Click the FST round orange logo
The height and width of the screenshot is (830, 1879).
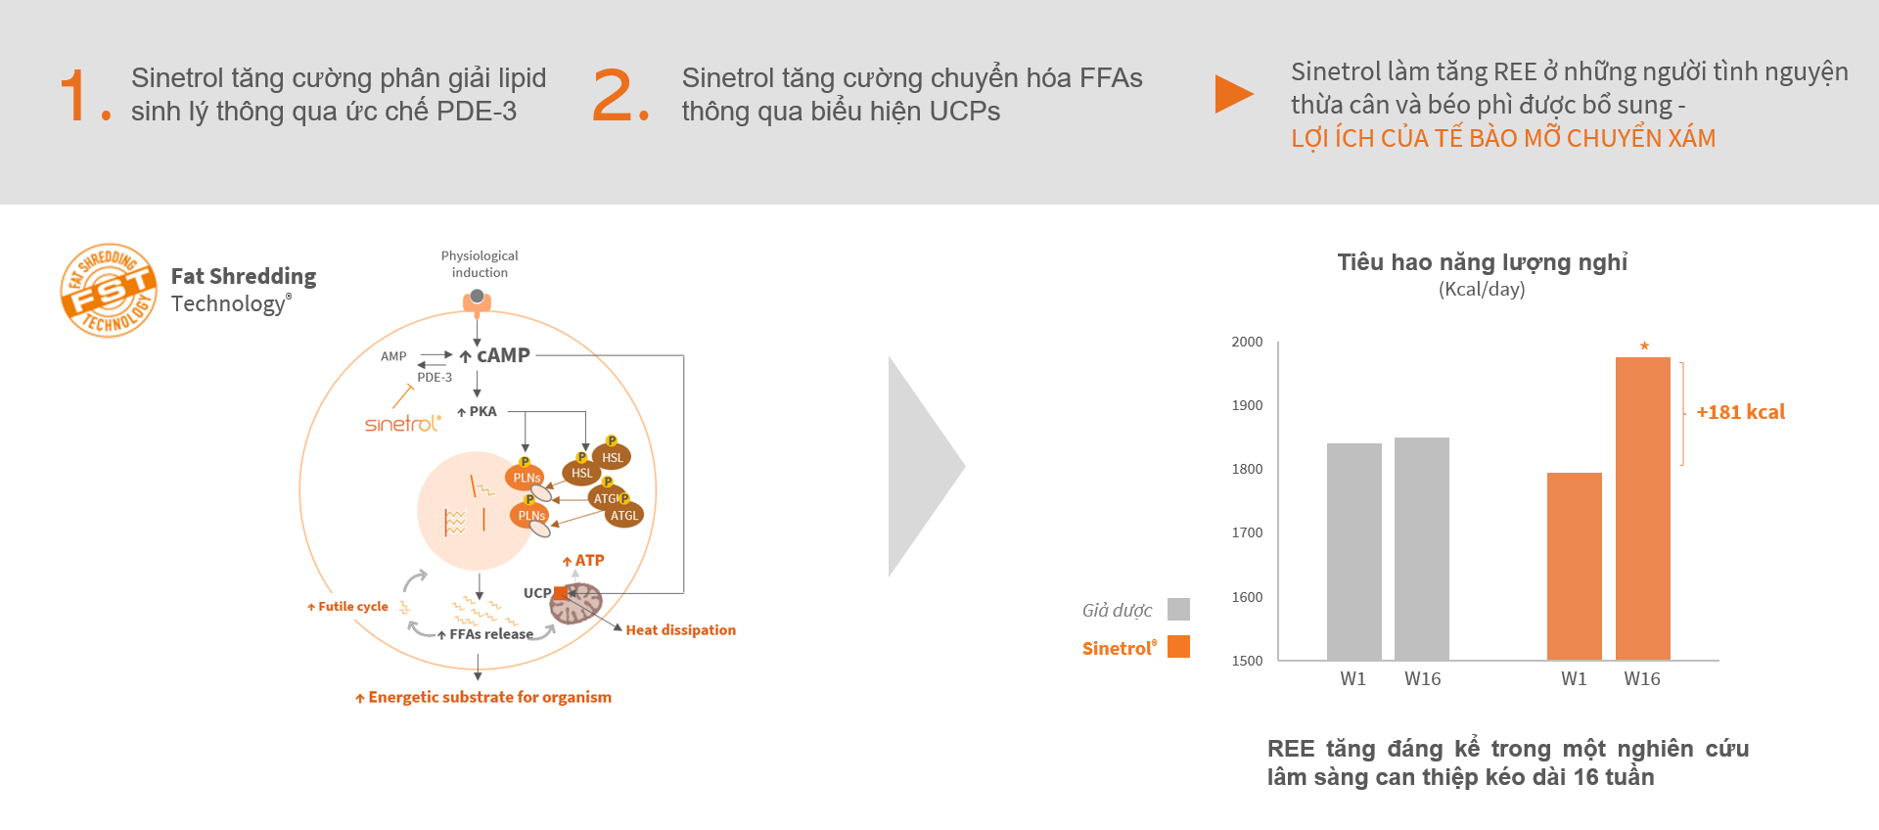109,291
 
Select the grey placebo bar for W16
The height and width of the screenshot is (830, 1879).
1422,549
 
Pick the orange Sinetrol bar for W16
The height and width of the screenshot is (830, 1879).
1643,509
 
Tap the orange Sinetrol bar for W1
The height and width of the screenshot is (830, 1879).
1575,567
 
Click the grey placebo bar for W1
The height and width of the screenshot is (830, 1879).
1354,552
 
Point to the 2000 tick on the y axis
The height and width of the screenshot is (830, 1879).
1247,342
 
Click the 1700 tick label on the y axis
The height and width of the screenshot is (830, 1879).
1247,532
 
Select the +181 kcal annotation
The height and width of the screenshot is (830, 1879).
1740,412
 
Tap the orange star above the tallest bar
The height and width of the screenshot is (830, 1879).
1644,346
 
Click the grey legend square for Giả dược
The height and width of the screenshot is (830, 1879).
1179,610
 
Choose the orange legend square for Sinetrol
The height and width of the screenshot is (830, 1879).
1179,647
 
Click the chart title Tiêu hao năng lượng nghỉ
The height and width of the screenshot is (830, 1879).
1483,262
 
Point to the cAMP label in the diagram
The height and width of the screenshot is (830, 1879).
503,355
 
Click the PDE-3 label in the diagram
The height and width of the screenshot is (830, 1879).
435,377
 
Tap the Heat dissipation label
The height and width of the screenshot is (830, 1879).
681,630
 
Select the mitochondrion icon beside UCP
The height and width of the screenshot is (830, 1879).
576,603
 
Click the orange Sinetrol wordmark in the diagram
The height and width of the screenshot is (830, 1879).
402,423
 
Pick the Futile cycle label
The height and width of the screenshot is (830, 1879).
352,607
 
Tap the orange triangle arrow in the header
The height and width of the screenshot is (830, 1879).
1234,94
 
